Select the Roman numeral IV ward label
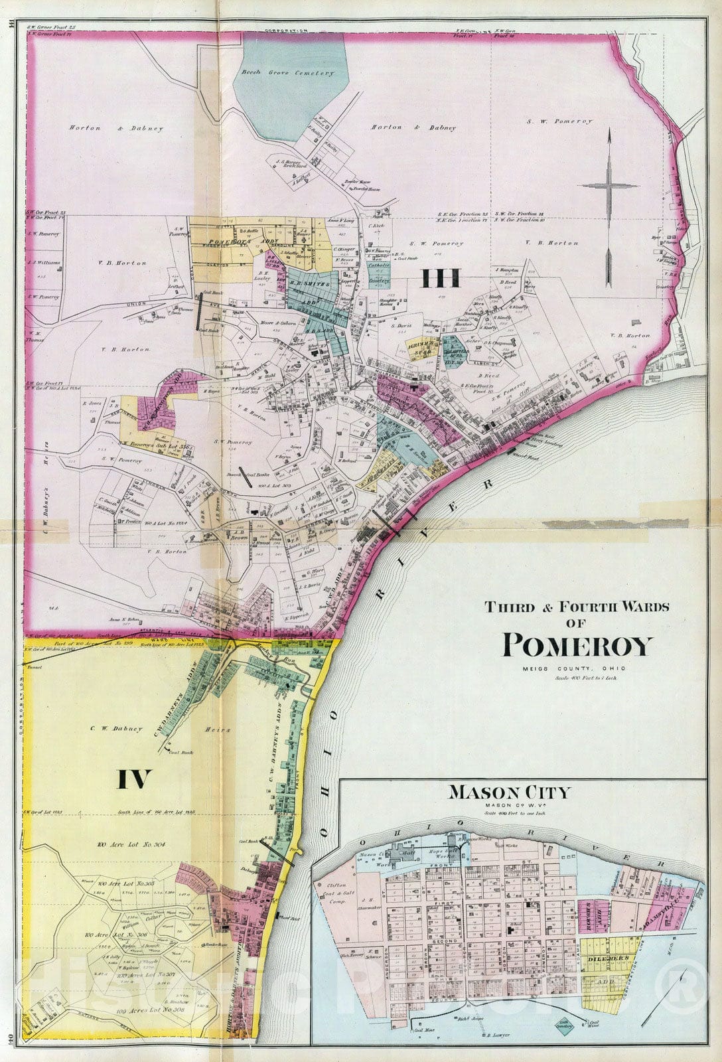click(135, 779)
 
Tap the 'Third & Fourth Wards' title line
click(578, 606)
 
